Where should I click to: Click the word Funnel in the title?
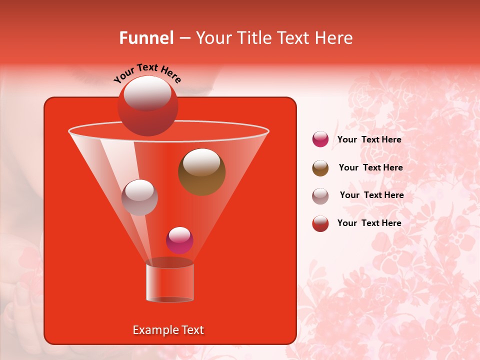(146, 38)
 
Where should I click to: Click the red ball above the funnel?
(147, 105)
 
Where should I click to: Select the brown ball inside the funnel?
(202, 172)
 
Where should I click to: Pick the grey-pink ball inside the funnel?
(139, 197)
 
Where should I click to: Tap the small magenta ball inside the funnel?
(179, 240)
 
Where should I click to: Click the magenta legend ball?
(320, 139)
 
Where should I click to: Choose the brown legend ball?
(320, 168)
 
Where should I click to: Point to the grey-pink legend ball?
(320, 195)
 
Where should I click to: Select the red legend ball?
(320, 223)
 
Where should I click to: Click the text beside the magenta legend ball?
(369, 139)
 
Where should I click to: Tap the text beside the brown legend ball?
(370, 167)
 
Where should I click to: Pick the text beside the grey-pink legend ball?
(371, 195)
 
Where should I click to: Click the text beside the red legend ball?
(369, 223)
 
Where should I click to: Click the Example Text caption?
(168, 330)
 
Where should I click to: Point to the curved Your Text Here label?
(147, 73)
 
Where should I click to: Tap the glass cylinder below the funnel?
(169, 282)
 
